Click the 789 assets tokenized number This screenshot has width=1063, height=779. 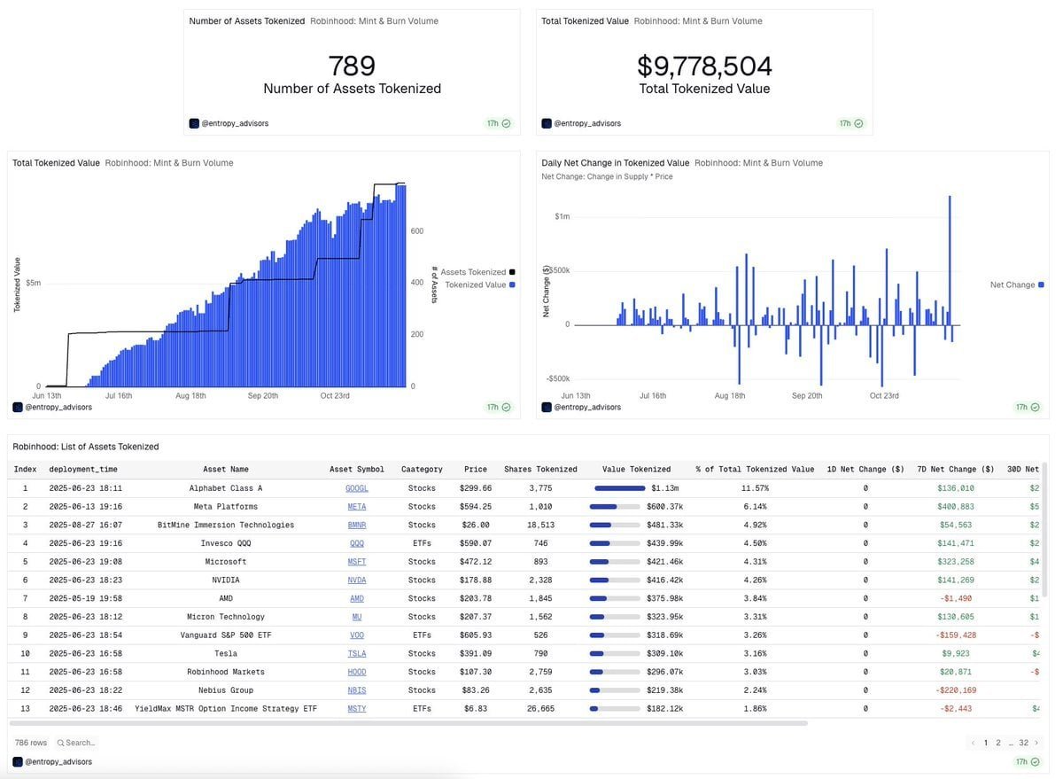click(352, 66)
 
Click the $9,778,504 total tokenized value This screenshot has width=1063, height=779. click(704, 66)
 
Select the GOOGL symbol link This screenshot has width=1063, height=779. click(357, 488)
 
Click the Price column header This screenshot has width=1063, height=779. click(476, 469)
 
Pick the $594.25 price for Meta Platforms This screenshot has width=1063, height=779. click(475, 507)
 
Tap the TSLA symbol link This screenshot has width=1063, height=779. click(357, 654)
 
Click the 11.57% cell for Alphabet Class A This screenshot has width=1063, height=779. click(755, 488)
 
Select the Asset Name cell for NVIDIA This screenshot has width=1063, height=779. click(226, 580)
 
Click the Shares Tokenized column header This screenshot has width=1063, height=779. click(540, 469)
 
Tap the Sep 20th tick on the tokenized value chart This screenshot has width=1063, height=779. click(263, 396)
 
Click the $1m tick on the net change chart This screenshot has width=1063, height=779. click(562, 216)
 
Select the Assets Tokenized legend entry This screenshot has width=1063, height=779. click(474, 272)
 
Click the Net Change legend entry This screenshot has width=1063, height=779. click(1013, 284)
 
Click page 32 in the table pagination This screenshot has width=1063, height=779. click(1023, 743)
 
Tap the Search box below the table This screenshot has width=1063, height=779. click(80, 743)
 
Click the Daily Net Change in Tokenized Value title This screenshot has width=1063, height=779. click(615, 163)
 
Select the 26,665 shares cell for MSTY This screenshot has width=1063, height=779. click(540, 709)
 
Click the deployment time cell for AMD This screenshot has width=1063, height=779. click(85, 598)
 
